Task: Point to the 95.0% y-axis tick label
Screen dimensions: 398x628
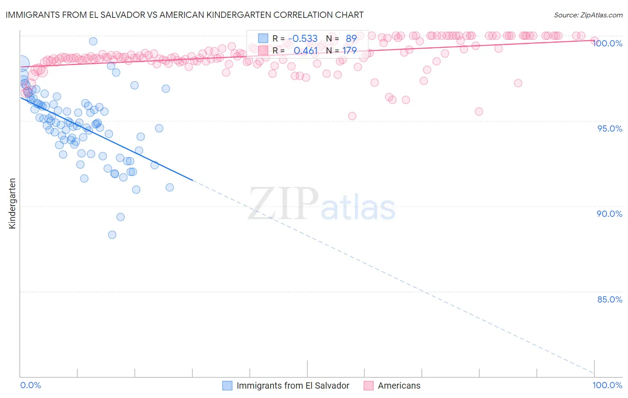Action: point(610,129)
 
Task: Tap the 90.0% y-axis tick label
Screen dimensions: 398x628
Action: point(610,214)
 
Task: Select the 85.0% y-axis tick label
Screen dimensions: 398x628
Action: point(610,299)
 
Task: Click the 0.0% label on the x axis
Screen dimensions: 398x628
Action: point(30,385)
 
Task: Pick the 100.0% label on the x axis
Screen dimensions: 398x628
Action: point(607,385)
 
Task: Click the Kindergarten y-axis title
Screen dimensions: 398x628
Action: point(12,203)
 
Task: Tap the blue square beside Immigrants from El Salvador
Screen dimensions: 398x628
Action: point(227,386)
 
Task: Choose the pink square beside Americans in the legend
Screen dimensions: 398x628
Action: point(368,386)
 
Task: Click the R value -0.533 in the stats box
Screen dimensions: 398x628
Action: point(302,38)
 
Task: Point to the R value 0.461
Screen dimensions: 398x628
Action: point(306,50)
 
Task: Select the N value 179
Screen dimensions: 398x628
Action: point(349,50)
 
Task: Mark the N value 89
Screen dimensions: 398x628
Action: point(351,38)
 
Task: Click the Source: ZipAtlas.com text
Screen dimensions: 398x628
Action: point(588,15)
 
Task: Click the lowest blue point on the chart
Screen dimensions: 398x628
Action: point(112,235)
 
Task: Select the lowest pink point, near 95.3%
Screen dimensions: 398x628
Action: point(352,116)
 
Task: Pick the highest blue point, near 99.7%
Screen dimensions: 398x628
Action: point(93,41)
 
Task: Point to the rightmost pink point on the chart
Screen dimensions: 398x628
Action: point(595,41)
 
